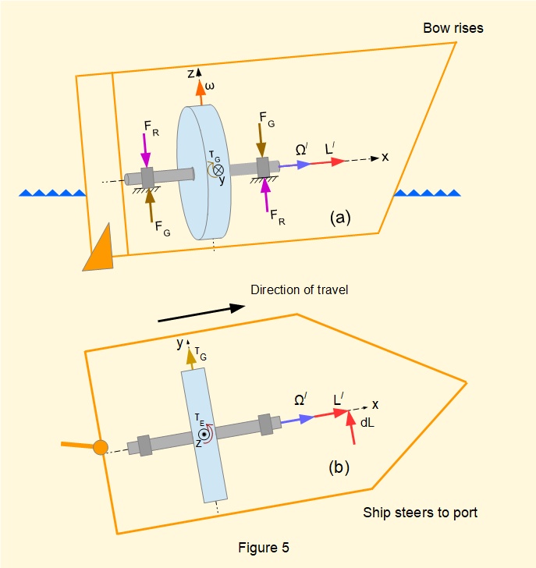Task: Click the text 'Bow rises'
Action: tap(453, 28)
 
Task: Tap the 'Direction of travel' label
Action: tap(299, 290)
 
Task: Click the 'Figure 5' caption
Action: tap(264, 547)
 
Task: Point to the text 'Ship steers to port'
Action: tap(420, 513)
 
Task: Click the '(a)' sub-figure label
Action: tap(341, 218)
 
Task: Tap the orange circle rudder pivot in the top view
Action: tap(100, 448)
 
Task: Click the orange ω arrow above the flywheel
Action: tap(201, 92)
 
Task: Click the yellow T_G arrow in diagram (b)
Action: tap(190, 358)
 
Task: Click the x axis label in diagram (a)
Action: tap(385, 157)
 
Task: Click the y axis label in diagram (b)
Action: tap(179, 343)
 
